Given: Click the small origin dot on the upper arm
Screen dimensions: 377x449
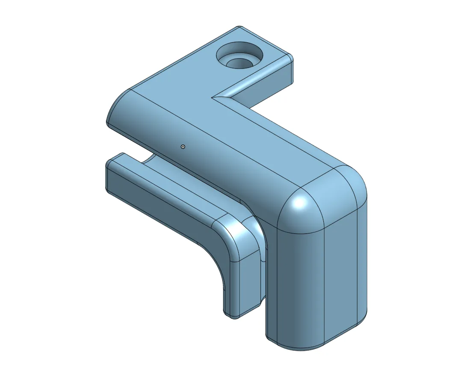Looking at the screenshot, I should pyautogui.click(x=183, y=147).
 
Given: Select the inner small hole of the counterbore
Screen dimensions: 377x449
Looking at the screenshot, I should pyautogui.click(x=239, y=63).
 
